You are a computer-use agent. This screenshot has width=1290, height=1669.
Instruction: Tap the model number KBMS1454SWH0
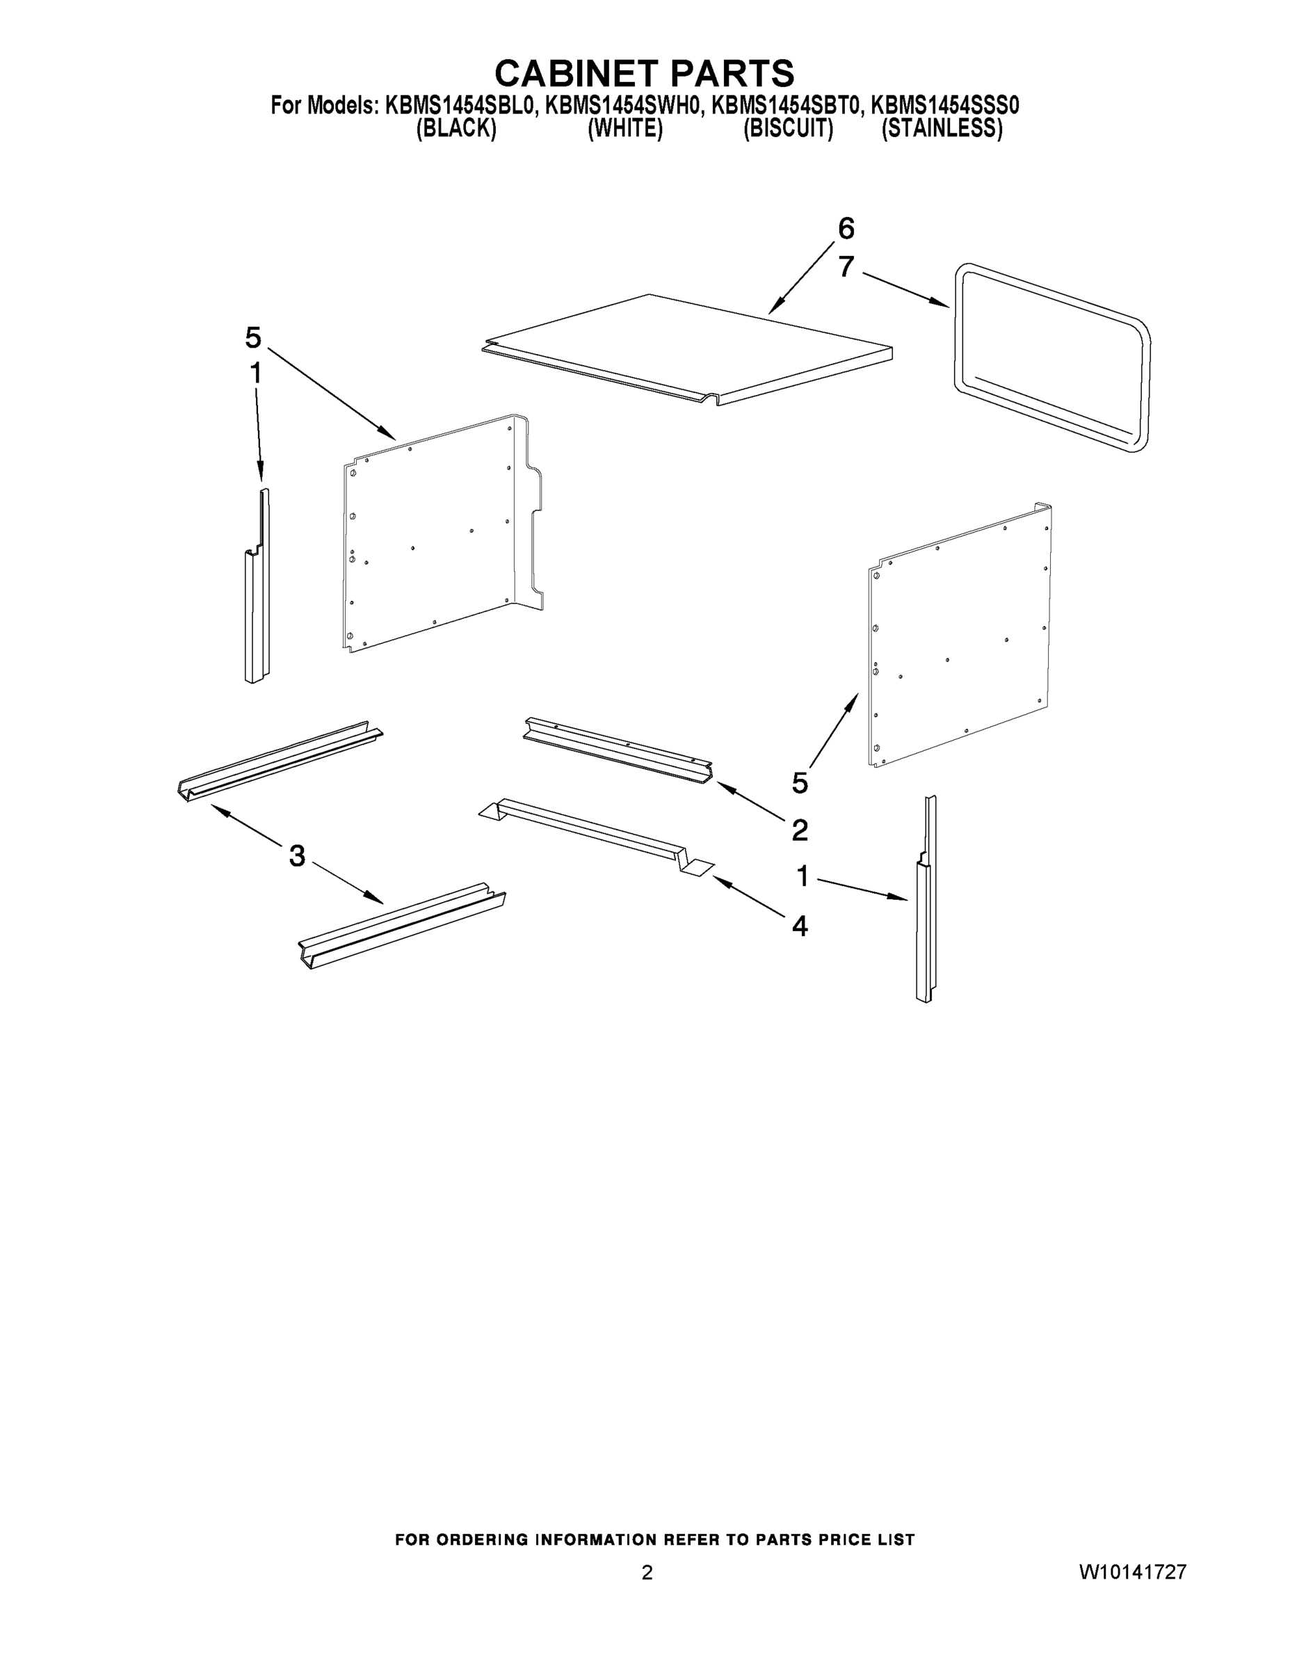tap(623, 106)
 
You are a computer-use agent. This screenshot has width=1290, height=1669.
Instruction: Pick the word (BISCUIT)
tap(788, 129)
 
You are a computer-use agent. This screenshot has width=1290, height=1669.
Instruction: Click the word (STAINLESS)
tap(942, 129)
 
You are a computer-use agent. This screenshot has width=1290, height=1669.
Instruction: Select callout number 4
tap(799, 926)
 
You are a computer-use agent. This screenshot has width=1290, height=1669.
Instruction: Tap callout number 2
tap(799, 829)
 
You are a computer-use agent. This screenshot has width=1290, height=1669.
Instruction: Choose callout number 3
tap(297, 855)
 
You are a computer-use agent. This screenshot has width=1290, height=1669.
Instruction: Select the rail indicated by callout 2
tap(618, 750)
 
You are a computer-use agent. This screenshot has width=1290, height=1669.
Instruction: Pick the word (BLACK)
tap(456, 129)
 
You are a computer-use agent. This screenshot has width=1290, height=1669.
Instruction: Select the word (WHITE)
tap(624, 129)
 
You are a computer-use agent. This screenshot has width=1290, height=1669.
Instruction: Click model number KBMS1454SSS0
tap(944, 106)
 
